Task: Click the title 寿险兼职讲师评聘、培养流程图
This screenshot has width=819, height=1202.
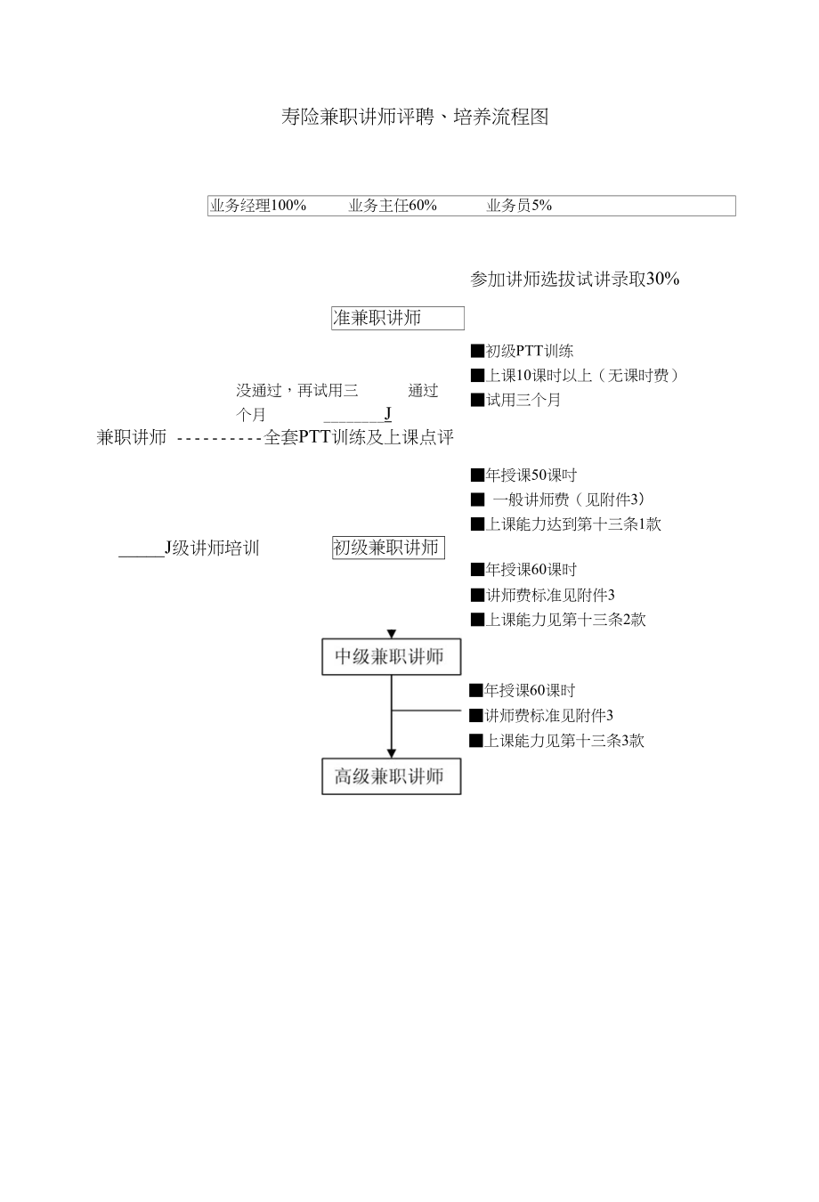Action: [414, 117]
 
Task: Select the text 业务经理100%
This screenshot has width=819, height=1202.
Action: [258, 206]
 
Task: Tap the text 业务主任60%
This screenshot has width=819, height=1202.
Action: [393, 206]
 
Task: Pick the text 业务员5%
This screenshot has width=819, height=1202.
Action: [519, 206]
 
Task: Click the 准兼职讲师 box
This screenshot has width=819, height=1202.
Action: [397, 318]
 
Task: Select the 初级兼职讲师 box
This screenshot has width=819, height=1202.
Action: [387, 548]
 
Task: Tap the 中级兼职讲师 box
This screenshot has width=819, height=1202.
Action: [391, 657]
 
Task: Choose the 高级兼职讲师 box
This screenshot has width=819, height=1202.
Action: [391, 776]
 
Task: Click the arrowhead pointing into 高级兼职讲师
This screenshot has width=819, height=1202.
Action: [392, 753]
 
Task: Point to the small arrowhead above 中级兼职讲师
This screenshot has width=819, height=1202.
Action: [392, 634]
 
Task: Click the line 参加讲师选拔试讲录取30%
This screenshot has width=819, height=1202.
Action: [574, 280]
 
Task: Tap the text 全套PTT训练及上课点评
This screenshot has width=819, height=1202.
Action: [359, 438]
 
